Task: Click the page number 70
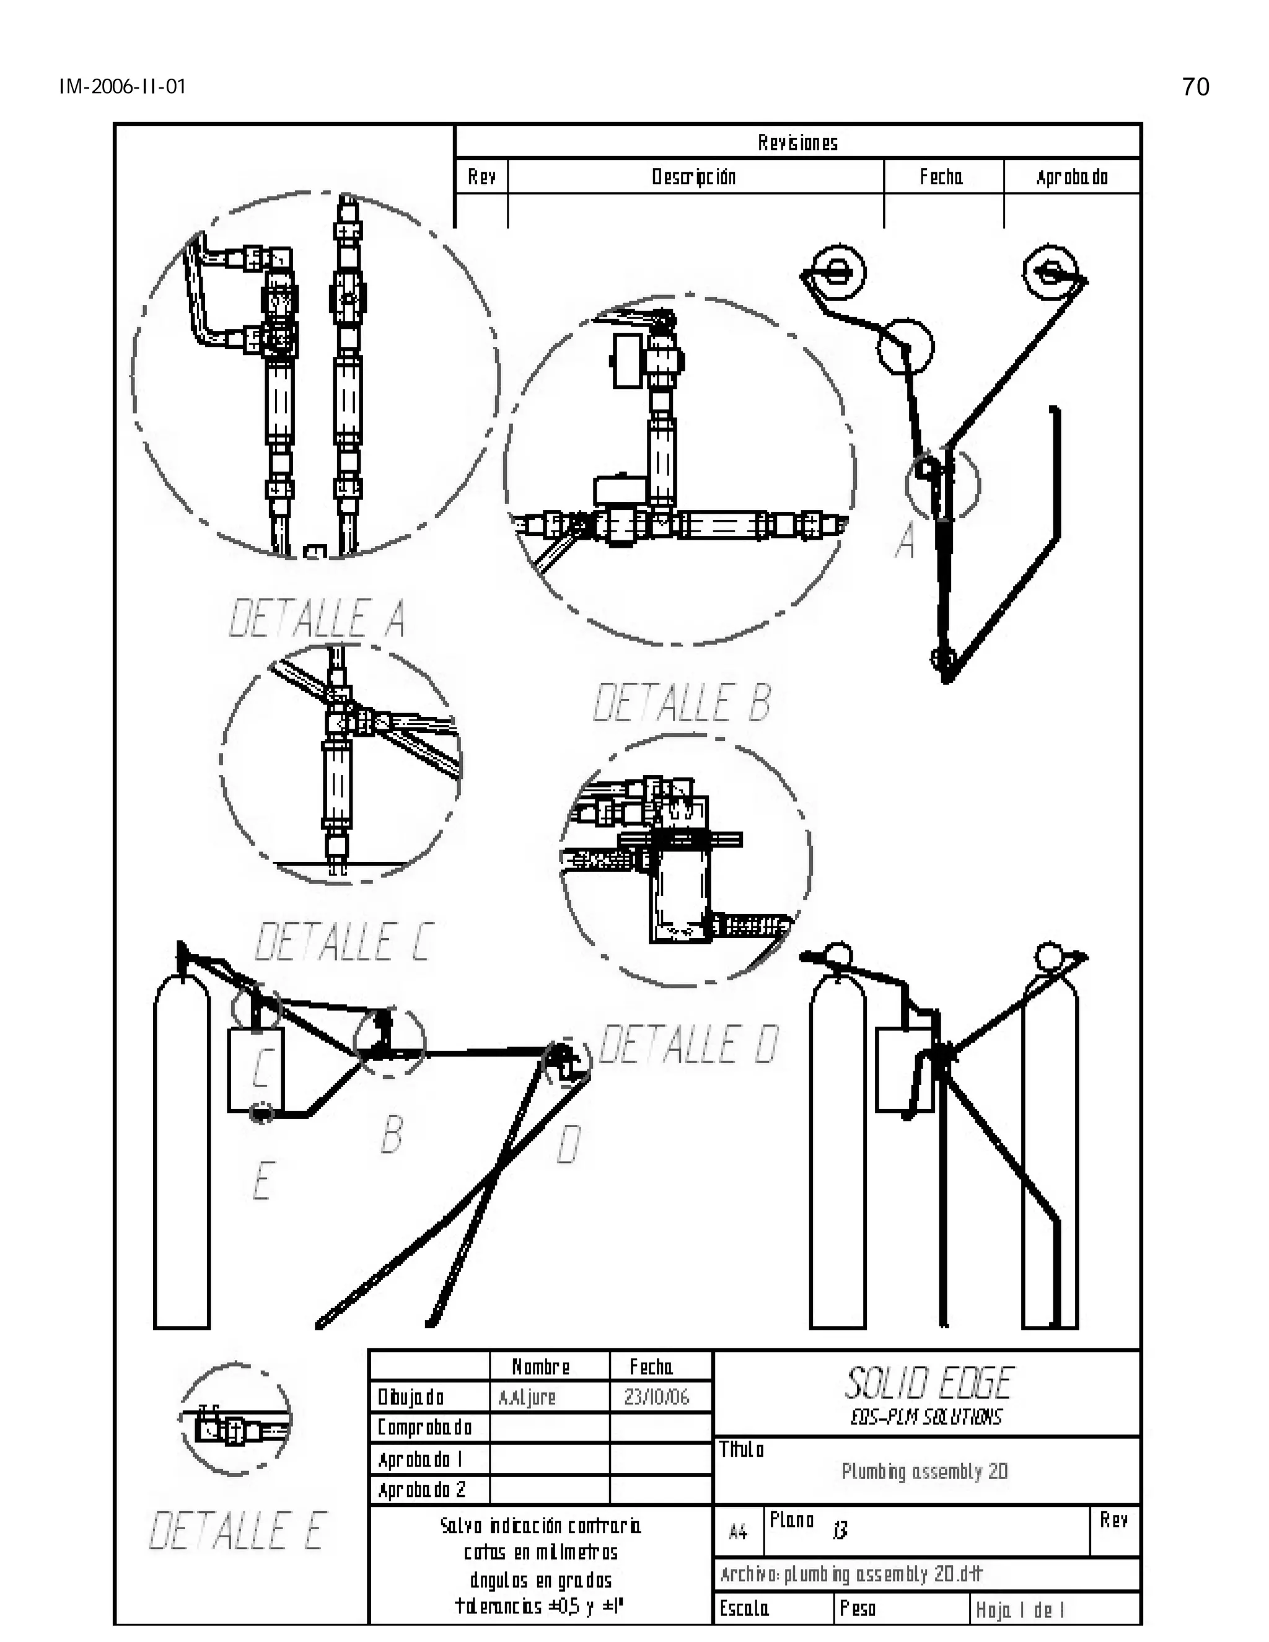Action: pyautogui.click(x=1195, y=87)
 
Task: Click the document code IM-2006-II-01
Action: pyautogui.click(x=123, y=87)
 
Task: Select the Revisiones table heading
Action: pyautogui.click(x=797, y=143)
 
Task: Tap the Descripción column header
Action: pyautogui.click(x=693, y=177)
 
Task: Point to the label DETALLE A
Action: pyautogui.click(x=317, y=619)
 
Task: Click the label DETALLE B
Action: pyautogui.click(x=682, y=703)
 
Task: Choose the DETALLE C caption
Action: pyautogui.click(x=343, y=941)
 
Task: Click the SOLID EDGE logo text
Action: pyautogui.click(x=928, y=1384)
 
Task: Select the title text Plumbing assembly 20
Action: pyautogui.click(x=924, y=1472)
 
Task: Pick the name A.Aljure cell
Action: pyautogui.click(x=527, y=1398)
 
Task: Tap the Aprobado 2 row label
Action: pyautogui.click(x=422, y=1490)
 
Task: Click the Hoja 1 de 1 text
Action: pyautogui.click(x=1019, y=1610)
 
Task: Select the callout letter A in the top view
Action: pyautogui.click(x=906, y=540)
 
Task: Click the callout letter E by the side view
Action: pyautogui.click(x=261, y=1180)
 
